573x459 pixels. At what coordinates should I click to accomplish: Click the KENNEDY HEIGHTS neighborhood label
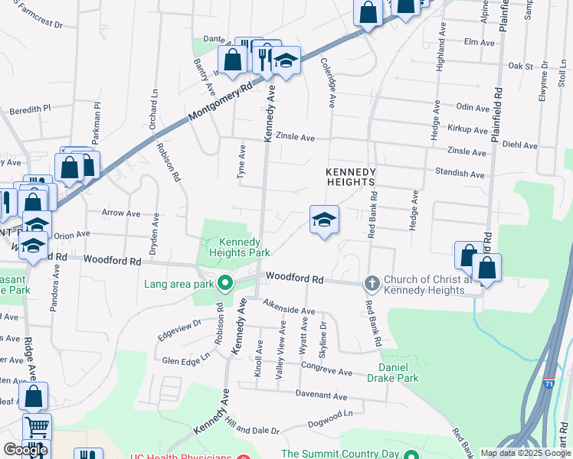[350, 177]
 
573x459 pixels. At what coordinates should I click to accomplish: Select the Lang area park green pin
[224, 285]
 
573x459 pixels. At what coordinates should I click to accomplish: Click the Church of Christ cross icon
[372, 284]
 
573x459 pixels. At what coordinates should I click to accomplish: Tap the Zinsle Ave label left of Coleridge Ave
[296, 138]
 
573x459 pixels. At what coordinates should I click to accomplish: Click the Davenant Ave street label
[321, 396]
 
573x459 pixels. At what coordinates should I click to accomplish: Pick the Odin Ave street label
[472, 109]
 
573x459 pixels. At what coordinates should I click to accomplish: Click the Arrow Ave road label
[121, 213]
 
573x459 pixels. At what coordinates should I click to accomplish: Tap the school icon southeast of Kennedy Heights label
[324, 221]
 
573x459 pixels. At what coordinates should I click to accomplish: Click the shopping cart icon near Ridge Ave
[36, 427]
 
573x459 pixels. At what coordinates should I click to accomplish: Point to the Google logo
[25, 450]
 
